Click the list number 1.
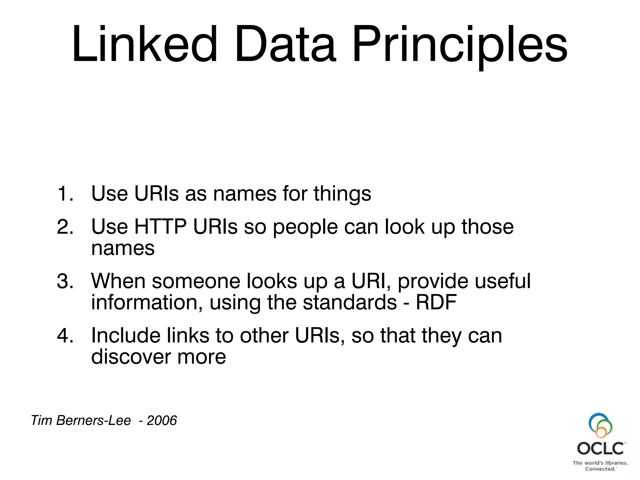pos(65,193)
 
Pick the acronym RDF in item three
pos(436,302)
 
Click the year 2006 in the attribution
pos(162,420)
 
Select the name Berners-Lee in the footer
pos(93,420)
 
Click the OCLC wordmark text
pos(601,448)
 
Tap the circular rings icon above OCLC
pos(600,425)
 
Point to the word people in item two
pos(305,227)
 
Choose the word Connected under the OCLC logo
pos(600,469)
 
